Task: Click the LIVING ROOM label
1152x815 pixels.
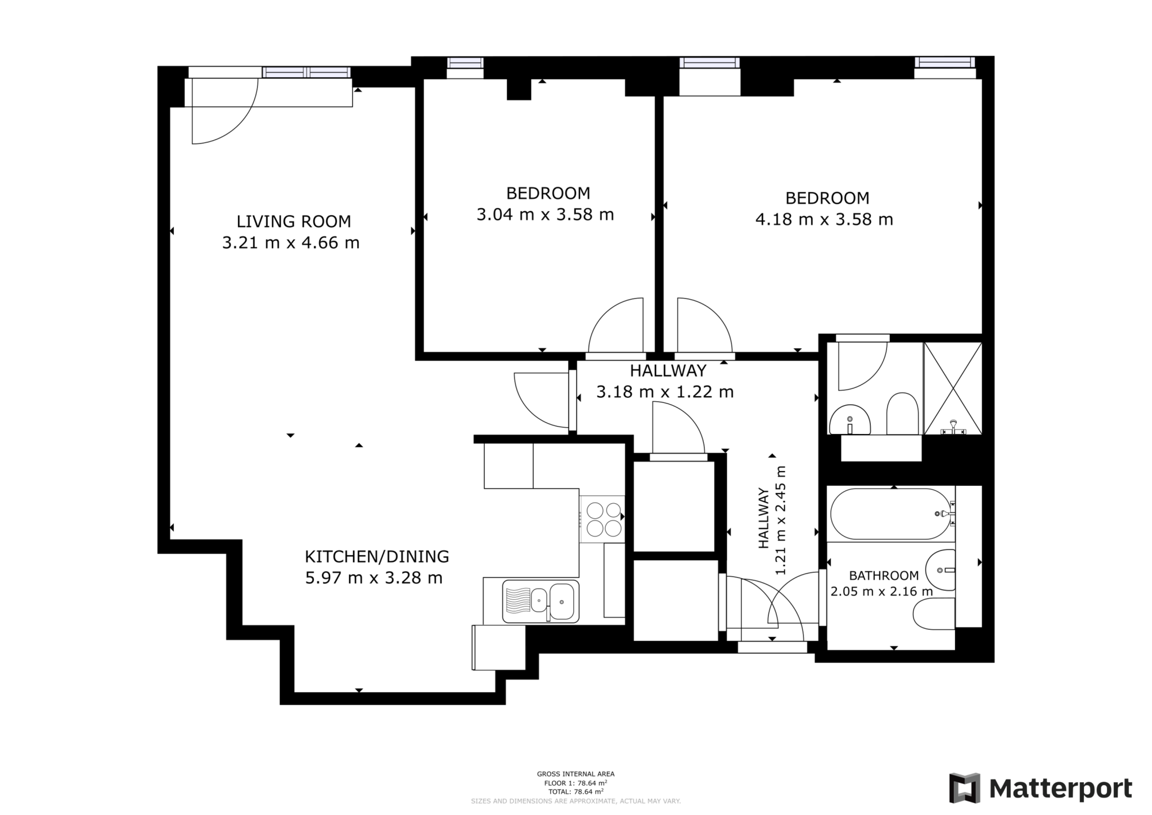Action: click(x=293, y=221)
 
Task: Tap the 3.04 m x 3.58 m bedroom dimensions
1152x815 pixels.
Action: click(x=544, y=215)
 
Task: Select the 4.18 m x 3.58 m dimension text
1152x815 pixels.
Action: click(x=823, y=220)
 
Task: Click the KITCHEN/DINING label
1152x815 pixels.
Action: click(x=376, y=557)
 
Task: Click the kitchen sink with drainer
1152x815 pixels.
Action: click(x=540, y=601)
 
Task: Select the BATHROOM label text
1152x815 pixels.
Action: click(x=883, y=576)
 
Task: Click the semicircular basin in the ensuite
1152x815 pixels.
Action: click(x=849, y=420)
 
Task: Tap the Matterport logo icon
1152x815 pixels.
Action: click(x=964, y=788)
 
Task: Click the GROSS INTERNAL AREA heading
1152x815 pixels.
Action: click(x=575, y=774)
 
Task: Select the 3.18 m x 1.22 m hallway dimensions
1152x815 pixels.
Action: click(x=664, y=392)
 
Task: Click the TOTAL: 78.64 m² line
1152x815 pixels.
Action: click(x=575, y=791)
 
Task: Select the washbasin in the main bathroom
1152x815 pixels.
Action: click(x=940, y=570)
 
